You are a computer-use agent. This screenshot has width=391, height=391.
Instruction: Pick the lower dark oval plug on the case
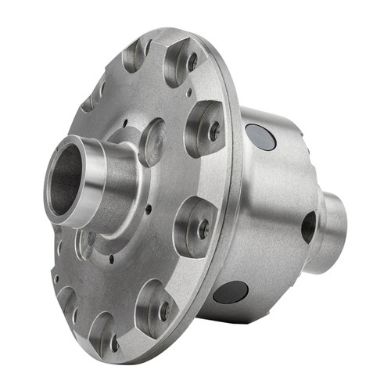click(x=231, y=292)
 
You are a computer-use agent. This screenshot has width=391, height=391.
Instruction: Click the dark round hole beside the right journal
click(x=309, y=227)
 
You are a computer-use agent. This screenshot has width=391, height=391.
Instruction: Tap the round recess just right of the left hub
click(x=152, y=141)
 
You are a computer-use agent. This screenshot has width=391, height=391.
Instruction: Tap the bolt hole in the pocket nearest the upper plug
click(x=213, y=131)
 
